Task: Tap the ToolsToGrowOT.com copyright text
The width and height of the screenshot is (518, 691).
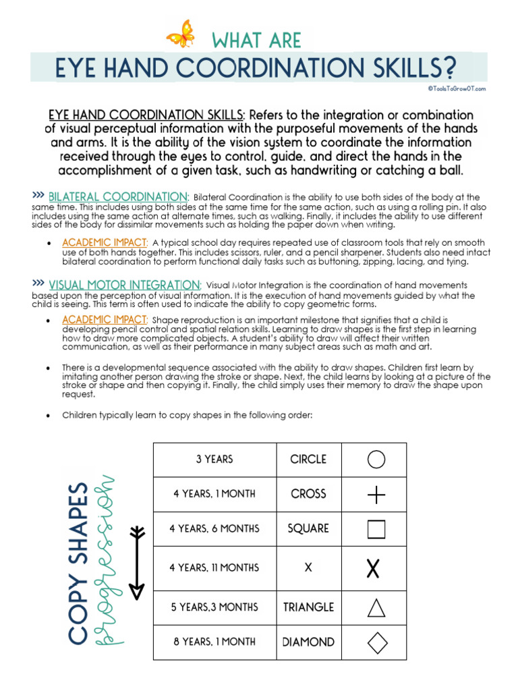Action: pyautogui.click(x=456, y=88)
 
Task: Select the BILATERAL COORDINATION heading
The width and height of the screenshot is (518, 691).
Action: pyautogui.click(x=119, y=196)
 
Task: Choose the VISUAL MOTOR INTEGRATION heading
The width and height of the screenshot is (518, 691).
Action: pyautogui.click(x=125, y=285)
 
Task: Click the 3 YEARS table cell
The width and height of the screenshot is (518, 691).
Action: pyautogui.click(x=214, y=460)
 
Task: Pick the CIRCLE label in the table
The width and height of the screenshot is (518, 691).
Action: pyautogui.click(x=308, y=460)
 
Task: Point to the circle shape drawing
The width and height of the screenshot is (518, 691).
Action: pyautogui.click(x=376, y=460)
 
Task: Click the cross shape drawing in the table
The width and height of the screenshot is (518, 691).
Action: pyautogui.click(x=376, y=495)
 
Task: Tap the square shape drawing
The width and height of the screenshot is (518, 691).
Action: pyautogui.click(x=376, y=529)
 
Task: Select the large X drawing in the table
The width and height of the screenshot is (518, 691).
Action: pyautogui.click(x=373, y=568)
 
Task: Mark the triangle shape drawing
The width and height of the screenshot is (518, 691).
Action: pyautogui.click(x=376, y=607)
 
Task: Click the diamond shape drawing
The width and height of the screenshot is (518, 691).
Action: pyautogui.click(x=377, y=642)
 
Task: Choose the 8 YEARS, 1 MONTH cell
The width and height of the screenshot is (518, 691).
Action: pyautogui.click(x=214, y=642)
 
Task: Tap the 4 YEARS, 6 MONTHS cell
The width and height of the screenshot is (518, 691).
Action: pyautogui.click(x=214, y=529)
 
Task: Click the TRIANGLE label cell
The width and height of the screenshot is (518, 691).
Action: pyautogui.click(x=308, y=607)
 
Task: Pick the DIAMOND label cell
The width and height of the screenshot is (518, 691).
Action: pyautogui.click(x=308, y=642)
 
